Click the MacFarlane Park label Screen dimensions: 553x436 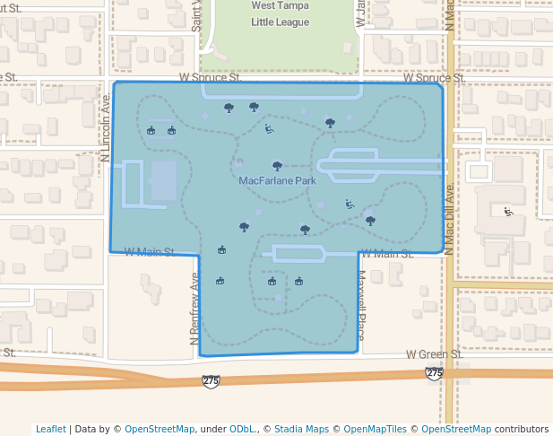point(277,180)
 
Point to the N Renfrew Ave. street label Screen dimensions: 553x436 point(194,310)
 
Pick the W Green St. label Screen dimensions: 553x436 point(434,354)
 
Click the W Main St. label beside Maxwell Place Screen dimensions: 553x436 point(386,254)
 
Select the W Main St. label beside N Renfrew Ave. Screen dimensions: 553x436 point(148,251)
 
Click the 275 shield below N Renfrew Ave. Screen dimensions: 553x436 point(211,381)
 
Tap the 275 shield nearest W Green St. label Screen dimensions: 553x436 point(435,372)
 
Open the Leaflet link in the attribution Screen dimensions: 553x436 point(50,429)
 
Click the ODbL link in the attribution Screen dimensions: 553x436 point(241,429)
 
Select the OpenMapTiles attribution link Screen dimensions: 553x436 point(367,429)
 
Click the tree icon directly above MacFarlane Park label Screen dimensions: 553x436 point(277,165)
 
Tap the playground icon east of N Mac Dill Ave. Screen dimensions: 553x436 point(508,212)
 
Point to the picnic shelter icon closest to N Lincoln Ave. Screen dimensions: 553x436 point(151,131)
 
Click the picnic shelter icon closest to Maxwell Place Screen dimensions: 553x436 point(298,282)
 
